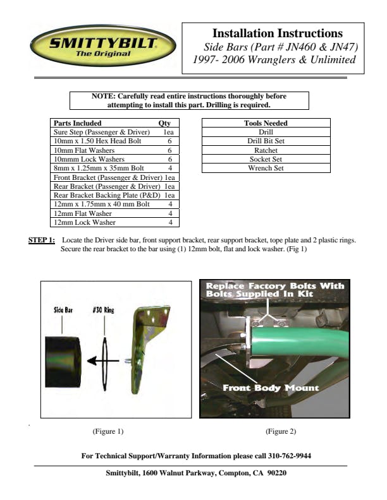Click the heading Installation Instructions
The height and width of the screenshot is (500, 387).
click(x=277, y=33)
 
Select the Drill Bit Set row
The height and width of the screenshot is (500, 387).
click(x=266, y=141)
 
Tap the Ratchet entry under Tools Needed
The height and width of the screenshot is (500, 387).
click(x=266, y=151)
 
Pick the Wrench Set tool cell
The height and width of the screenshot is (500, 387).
click(x=266, y=169)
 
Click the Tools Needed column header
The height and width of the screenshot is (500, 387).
click(x=266, y=123)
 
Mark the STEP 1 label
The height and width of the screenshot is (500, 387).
click(x=42, y=241)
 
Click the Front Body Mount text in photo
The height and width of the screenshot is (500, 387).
click(x=270, y=388)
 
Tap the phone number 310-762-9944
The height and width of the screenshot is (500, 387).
click(x=291, y=456)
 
